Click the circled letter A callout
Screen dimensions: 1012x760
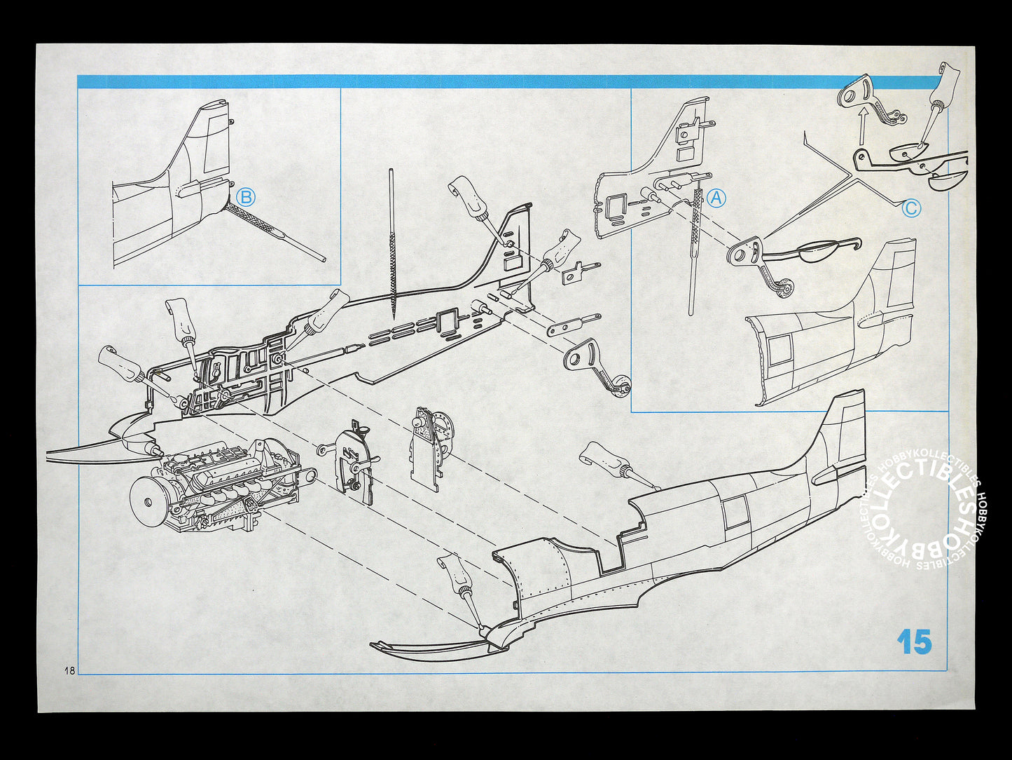[716, 198]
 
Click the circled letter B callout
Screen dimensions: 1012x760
[245, 198]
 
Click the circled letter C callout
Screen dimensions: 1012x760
[911, 208]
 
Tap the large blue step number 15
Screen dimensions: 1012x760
[914, 642]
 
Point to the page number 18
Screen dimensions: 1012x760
[69, 670]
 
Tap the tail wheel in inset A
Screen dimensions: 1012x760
[784, 288]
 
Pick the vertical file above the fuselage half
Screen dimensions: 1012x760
[392, 245]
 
